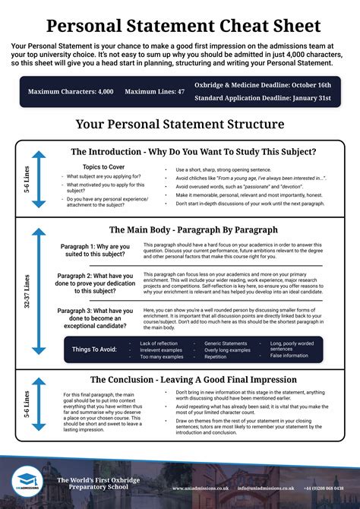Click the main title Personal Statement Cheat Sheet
coord(180,26)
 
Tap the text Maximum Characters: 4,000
coord(71,92)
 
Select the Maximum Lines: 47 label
coord(154,92)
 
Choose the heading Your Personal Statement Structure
coord(180,124)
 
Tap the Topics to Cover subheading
coord(105,166)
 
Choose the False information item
coord(289,356)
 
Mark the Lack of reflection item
coord(158,343)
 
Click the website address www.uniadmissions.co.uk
coord(204,488)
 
